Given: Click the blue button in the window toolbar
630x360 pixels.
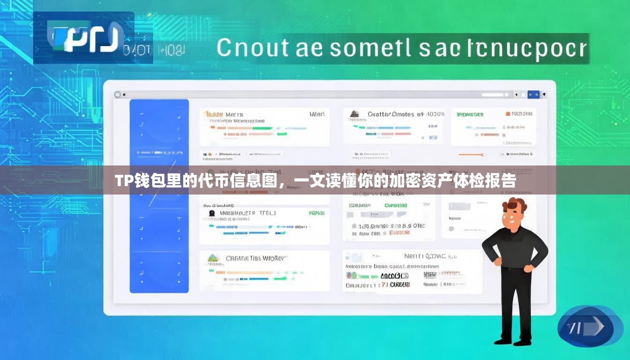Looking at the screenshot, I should tap(533, 95).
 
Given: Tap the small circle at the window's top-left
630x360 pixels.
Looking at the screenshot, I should tap(117, 95).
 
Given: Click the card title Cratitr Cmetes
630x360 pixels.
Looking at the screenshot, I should tap(390, 114).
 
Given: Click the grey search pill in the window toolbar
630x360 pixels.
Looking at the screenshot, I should tap(492, 95).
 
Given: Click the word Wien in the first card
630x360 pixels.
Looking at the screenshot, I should tap(317, 114).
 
